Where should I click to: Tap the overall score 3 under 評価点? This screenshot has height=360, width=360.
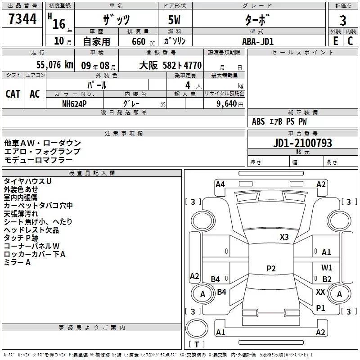point(343,21)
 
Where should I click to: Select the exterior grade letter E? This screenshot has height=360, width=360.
point(335,41)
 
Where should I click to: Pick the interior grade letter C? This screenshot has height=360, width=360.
point(350,41)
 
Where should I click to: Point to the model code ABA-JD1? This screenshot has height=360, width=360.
point(258,41)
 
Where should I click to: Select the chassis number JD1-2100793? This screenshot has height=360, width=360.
point(302,143)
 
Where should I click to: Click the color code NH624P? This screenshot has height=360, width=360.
point(75,103)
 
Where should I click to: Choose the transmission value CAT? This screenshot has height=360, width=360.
point(13,94)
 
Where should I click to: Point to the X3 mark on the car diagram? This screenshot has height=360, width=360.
point(284,237)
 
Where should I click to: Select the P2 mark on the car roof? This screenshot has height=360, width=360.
point(271,269)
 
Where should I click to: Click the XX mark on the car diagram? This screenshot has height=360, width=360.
point(320,292)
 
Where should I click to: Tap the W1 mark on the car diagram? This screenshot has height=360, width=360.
point(327,267)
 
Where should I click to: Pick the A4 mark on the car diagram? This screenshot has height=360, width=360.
point(220,184)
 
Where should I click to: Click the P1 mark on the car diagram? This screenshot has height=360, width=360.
point(320,308)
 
